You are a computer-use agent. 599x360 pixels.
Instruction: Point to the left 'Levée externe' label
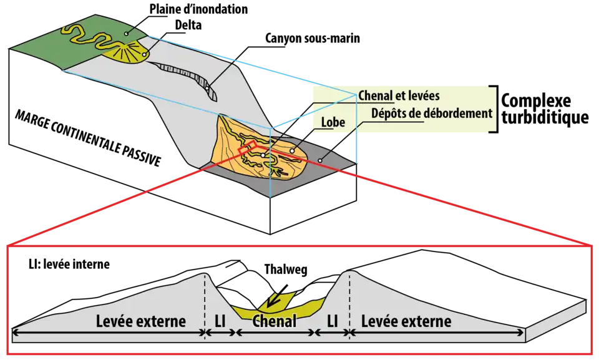tap(141, 322)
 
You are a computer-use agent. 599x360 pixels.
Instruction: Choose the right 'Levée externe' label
tap(406, 322)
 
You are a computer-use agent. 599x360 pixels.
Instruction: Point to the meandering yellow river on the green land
tap(87, 37)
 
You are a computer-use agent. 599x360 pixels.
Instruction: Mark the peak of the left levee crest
tap(205, 273)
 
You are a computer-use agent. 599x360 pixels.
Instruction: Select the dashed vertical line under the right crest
tap(349, 299)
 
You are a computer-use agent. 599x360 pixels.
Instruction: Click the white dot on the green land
tap(126, 33)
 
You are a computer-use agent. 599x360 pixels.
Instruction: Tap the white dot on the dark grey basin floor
tap(320, 160)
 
